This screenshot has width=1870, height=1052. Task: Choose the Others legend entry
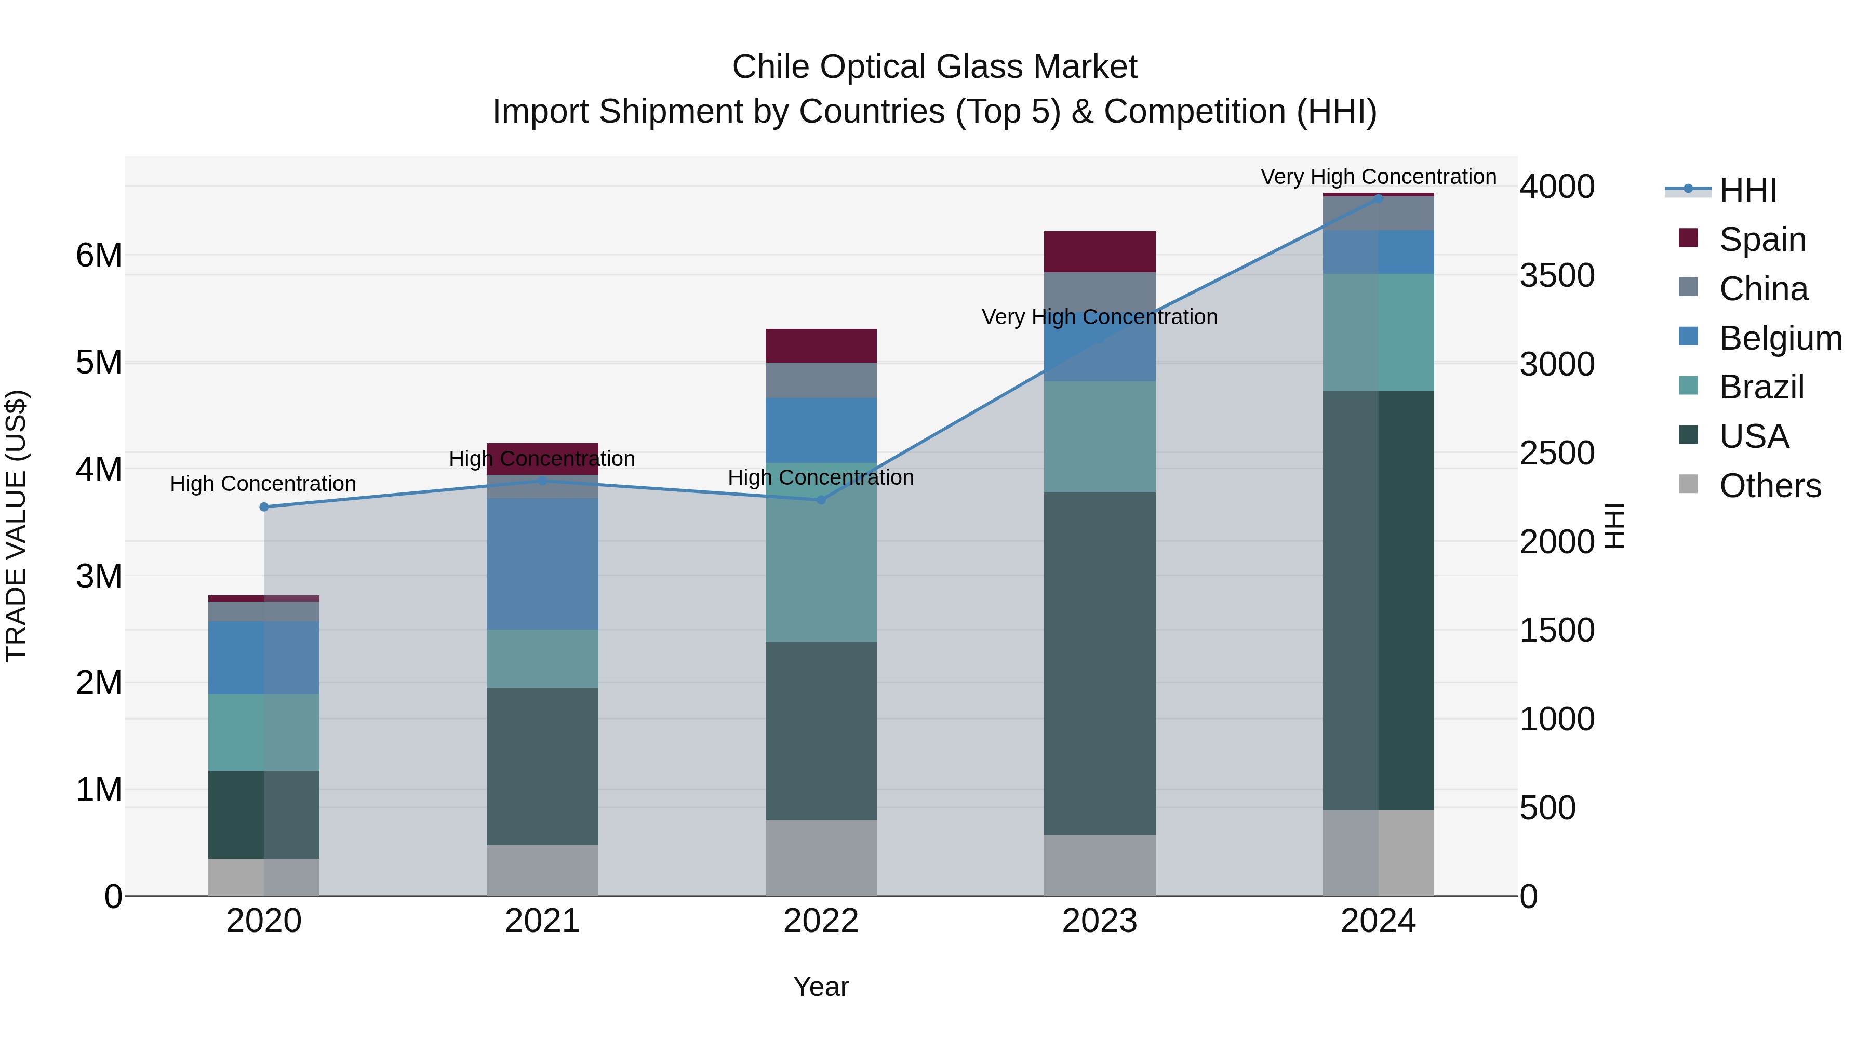click(1769, 486)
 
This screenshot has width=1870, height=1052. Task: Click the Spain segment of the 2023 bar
click(1099, 252)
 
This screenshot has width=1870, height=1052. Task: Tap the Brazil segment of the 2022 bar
click(821, 552)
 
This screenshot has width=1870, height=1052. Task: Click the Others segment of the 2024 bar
click(1378, 853)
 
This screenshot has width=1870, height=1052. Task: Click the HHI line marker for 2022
click(821, 499)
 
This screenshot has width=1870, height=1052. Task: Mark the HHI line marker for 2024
click(1378, 198)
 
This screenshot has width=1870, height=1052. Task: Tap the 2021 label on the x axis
click(542, 921)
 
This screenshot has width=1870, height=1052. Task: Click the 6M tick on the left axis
click(99, 256)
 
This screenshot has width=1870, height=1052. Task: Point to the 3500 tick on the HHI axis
click(1557, 275)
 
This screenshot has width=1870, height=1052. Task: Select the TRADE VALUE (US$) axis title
click(16, 526)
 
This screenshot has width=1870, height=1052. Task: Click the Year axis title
click(821, 987)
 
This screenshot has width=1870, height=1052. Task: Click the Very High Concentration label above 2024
click(1378, 177)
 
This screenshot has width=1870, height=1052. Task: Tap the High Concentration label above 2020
click(263, 484)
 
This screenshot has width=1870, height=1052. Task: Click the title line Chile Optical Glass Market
click(934, 67)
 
